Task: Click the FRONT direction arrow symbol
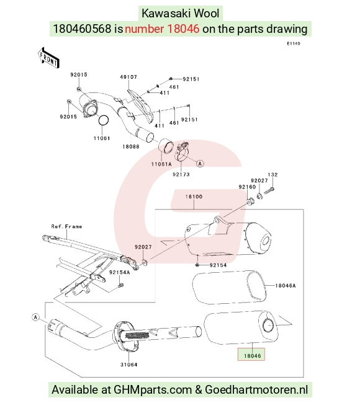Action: (48, 58)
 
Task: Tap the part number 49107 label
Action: (128, 77)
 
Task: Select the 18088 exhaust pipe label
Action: (131, 146)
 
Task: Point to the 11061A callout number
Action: (161, 164)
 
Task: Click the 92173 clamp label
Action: (181, 174)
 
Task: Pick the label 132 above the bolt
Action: (272, 175)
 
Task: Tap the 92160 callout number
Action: (247, 187)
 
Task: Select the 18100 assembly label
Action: (194, 197)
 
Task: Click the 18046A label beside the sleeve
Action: (286, 286)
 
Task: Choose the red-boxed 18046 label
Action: (252, 356)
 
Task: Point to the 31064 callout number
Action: (128, 365)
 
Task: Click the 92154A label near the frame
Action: (119, 272)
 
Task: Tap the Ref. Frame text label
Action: (66, 226)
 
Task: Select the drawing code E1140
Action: (294, 43)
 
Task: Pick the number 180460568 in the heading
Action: (82, 29)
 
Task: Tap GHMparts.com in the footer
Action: (153, 389)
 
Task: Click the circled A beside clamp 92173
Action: (200, 164)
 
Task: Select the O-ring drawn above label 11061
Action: (104, 120)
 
